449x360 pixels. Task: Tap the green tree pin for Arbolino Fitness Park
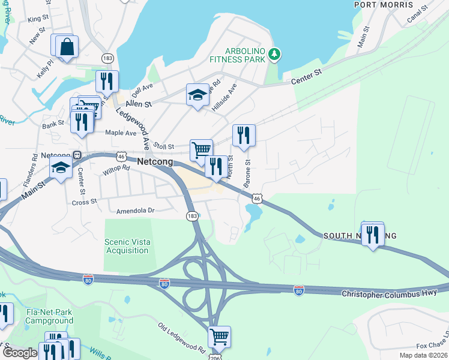pos(274,55)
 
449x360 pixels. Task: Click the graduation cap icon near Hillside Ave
pos(197,95)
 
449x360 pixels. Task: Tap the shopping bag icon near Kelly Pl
pos(67,47)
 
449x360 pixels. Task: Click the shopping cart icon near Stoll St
pos(201,149)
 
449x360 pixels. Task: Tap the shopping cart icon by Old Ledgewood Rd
pos(219,337)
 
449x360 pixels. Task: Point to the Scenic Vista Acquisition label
pos(127,246)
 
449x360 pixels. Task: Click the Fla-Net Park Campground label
pos(49,316)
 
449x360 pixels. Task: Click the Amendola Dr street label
pos(136,211)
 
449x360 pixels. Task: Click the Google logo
pos(20,353)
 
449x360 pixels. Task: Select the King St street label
pos(37,19)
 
